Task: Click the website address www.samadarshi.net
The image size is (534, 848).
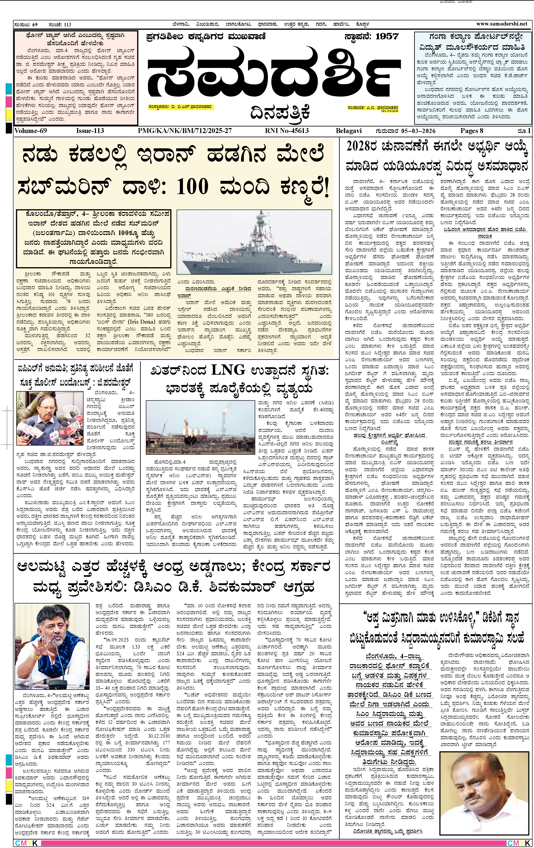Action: coord(502,24)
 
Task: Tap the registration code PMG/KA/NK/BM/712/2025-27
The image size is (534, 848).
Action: coord(185,131)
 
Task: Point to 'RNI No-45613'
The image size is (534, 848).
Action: coord(287,131)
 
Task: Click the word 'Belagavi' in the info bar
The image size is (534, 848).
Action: coord(349,131)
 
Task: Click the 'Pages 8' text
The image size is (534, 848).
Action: coord(472,131)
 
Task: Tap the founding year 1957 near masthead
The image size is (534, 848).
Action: coord(387,36)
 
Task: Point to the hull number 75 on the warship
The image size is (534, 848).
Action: coord(206,268)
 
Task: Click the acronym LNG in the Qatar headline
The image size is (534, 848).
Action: coord(228,370)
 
